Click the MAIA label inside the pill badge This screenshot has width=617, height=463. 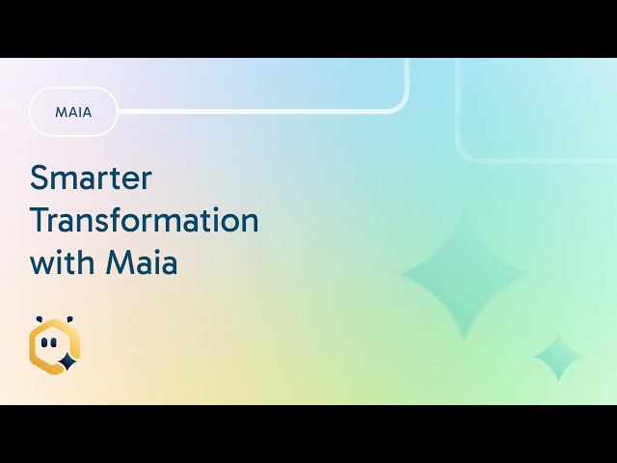[x=73, y=113]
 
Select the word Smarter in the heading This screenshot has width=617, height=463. [x=91, y=177]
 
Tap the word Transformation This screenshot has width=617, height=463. [x=145, y=220]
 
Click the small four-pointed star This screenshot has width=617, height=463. [x=558, y=356]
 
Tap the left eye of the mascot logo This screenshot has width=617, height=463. [x=44, y=343]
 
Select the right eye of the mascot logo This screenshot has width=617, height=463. [x=53, y=343]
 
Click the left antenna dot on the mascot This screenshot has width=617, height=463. [x=39, y=319]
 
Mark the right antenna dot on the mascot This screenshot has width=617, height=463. [x=69, y=319]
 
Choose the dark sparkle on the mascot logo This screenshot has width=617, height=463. [x=67, y=362]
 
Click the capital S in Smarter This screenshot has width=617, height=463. [x=40, y=177]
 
